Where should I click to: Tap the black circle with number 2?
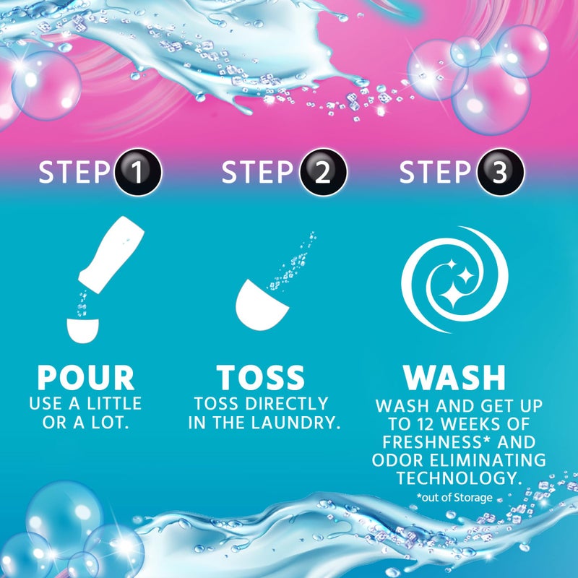pyautogui.click(x=323, y=173)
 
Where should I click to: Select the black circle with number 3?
pyautogui.click(x=501, y=173)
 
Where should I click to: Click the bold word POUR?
pyautogui.click(x=86, y=378)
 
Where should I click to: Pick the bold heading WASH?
pyautogui.click(x=454, y=378)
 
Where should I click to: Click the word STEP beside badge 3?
pyautogui.click(x=435, y=173)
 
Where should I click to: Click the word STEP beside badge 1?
pyautogui.click(x=74, y=173)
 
